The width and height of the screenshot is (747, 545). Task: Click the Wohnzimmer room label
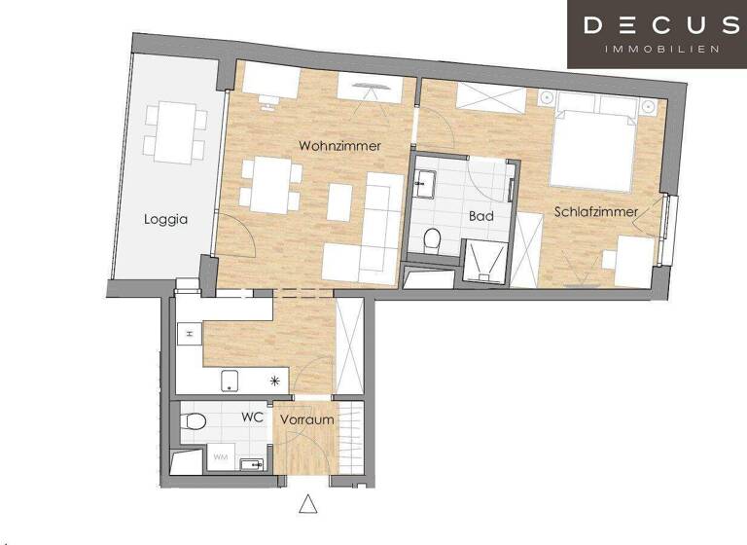339,146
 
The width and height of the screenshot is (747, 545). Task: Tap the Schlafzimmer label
596,211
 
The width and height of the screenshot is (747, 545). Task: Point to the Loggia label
165,219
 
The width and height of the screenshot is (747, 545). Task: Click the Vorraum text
307,420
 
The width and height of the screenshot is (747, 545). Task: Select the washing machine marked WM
221,455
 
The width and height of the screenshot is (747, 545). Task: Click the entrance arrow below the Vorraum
308,505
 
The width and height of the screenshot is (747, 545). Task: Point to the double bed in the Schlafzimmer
593,146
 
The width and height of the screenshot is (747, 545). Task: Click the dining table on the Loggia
176,132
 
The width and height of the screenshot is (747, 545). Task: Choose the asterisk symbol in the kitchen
275,381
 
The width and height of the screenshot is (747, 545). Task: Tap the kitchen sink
231,381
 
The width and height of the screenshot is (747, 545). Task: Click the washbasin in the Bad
426,180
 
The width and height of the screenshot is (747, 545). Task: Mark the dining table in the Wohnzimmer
270,185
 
